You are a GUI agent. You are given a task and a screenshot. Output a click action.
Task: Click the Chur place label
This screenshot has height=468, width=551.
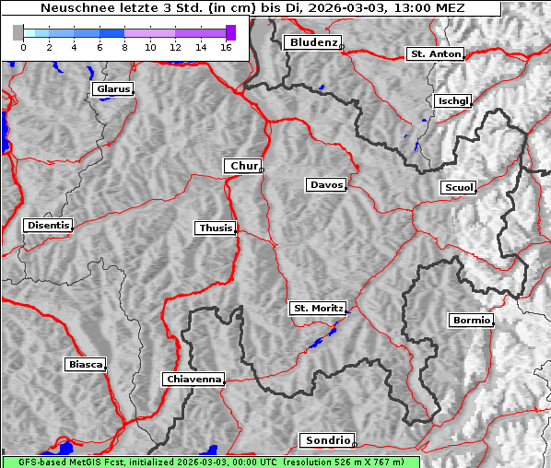tap(243, 166)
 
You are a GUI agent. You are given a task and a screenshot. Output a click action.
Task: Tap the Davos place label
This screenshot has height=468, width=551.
tap(325, 185)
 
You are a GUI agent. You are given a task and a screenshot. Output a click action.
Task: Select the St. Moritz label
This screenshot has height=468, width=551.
tap(317, 308)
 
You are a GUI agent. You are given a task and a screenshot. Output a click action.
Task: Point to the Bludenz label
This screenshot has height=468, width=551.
tap(311, 42)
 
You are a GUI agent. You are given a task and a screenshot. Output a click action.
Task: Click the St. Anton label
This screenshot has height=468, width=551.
tap(435, 54)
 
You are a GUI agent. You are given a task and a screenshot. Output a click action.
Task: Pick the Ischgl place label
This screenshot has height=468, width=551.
tap(453, 100)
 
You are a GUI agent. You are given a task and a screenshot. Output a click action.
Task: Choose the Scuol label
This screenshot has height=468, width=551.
tap(459, 188)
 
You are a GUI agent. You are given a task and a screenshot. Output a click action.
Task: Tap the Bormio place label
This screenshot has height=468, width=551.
tap(472, 321)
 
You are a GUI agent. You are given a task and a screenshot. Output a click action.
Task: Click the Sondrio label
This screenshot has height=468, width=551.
tap(326, 440)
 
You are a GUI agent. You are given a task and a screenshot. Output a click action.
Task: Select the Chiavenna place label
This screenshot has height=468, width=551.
tap(193, 379)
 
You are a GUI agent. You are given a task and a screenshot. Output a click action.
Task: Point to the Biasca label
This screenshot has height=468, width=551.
tap(85, 365)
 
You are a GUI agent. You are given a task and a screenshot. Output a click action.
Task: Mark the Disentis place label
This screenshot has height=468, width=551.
tap(48, 225)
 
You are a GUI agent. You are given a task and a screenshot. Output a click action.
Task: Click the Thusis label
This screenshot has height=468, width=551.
tap(216, 228)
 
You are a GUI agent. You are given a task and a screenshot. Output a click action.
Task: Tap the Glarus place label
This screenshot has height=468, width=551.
tap(111, 89)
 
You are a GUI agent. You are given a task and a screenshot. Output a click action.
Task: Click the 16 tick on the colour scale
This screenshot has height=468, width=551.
tap(226, 46)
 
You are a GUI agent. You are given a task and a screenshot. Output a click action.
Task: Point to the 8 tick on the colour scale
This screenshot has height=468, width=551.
tap(124, 46)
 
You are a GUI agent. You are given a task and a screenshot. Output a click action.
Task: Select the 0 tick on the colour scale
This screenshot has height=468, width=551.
tap(23, 46)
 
